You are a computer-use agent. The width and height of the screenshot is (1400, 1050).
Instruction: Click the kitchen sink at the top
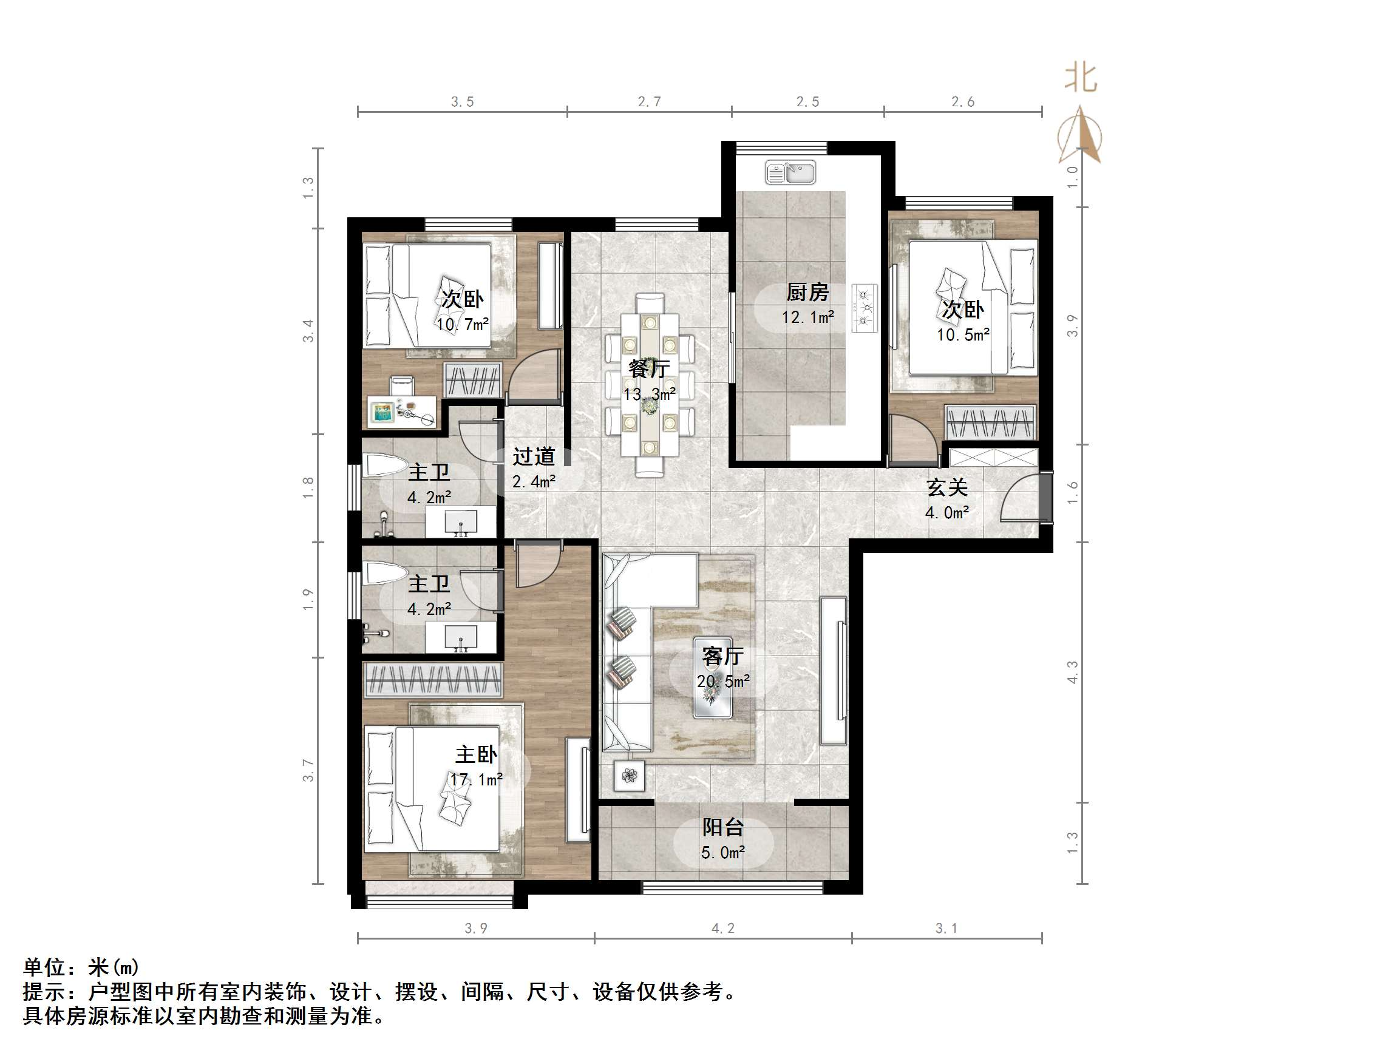point(790,172)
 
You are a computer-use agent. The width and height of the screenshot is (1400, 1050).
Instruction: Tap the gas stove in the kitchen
point(864,308)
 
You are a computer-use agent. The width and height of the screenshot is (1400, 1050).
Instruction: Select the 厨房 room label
point(807,293)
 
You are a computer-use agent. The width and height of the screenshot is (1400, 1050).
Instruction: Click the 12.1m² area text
point(807,317)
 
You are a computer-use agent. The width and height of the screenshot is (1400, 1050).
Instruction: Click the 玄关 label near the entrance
point(947,487)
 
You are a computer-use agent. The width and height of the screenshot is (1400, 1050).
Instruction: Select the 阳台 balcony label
point(723,827)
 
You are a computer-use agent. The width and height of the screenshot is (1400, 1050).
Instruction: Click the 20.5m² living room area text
point(723,682)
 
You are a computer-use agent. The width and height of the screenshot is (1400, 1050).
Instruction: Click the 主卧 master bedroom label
point(476,754)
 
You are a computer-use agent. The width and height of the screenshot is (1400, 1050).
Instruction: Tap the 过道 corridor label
point(534,456)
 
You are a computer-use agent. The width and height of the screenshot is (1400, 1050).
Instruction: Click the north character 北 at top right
point(1081,78)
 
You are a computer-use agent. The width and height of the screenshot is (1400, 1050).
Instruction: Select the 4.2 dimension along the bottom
point(723,929)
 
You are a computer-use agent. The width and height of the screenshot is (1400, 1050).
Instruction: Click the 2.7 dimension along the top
point(650,101)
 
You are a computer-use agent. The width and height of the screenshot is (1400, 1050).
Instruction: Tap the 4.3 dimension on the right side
point(1072,672)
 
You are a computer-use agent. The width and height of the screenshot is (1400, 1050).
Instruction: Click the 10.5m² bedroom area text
point(963,336)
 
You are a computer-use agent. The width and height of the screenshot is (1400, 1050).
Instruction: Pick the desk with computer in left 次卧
point(401,411)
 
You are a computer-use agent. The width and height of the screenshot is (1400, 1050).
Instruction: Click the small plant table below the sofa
point(629,775)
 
